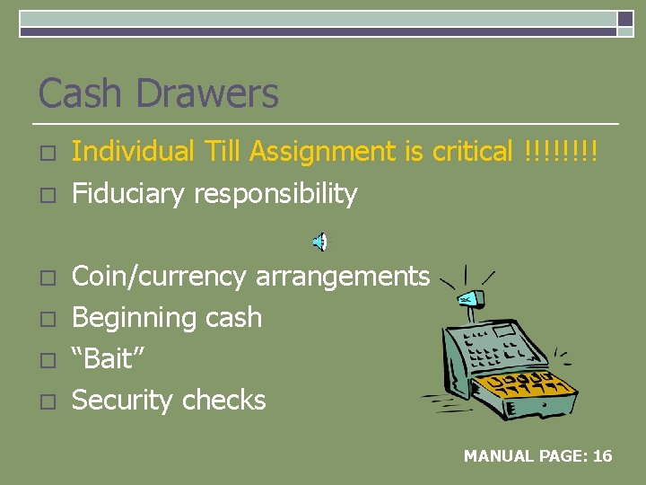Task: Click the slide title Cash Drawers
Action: (158, 93)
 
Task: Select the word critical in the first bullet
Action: (472, 152)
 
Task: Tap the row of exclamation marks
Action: (560, 152)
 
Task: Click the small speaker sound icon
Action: (320, 241)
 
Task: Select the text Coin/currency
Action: (159, 277)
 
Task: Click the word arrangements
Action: (343, 277)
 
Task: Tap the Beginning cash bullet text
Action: (167, 317)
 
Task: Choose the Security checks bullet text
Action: (169, 400)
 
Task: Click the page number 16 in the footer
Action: (602, 456)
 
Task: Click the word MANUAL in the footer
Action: (498, 456)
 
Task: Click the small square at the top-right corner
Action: (625, 18)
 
